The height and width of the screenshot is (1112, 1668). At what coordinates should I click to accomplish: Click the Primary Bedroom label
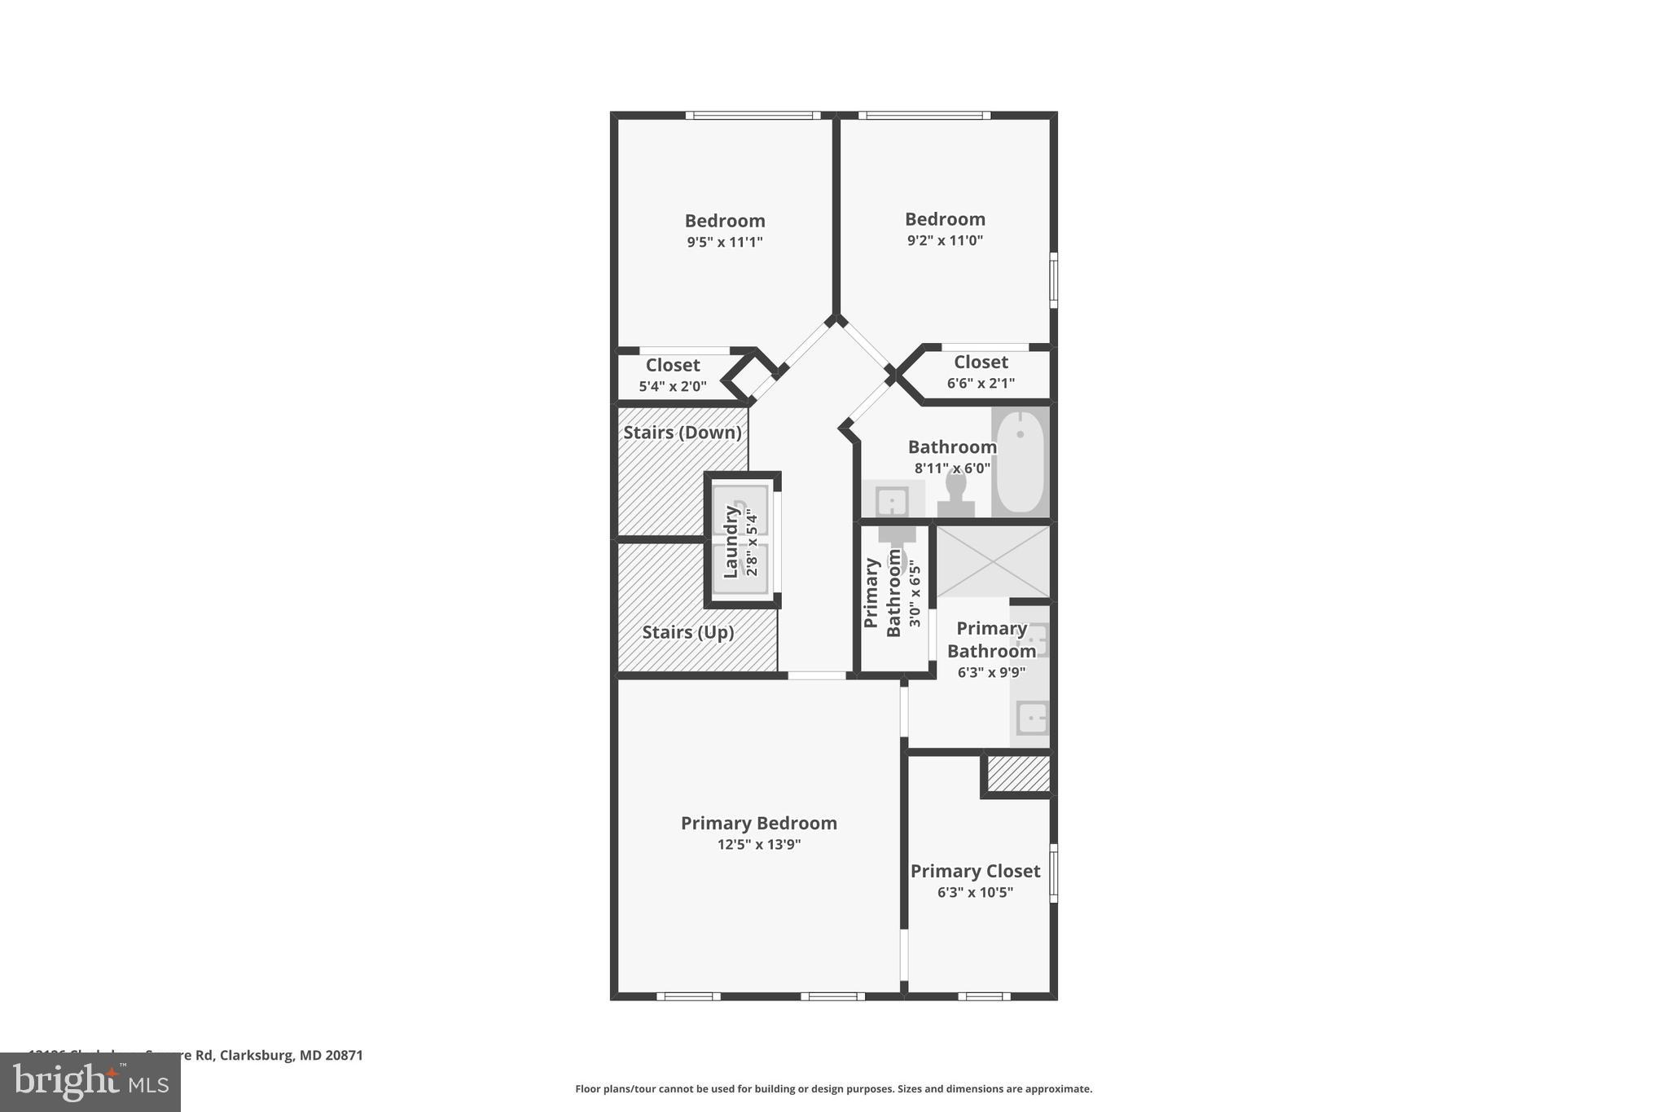click(x=758, y=823)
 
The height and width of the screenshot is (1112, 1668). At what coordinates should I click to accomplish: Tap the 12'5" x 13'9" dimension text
click(x=758, y=845)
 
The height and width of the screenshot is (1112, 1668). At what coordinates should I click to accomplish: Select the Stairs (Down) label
click(x=682, y=433)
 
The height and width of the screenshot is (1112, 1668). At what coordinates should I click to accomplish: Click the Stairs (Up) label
click(x=687, y=632)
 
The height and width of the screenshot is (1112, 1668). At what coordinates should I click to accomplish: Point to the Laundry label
click(x=731, y=542)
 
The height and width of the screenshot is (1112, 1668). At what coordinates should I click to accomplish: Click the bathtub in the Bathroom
click(x=1019, y=461)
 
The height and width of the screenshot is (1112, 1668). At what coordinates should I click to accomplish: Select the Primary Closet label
click(x=975, y=871)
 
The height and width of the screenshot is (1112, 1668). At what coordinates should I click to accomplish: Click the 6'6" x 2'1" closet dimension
click(x=981, y=383)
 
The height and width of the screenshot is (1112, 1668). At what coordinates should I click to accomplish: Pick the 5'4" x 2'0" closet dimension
click(x=672, y=386)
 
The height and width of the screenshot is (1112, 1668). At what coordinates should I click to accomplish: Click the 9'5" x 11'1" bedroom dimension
click(x=724, y=242)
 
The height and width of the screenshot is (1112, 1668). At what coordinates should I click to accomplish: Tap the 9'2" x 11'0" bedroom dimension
click(x=945, y=240)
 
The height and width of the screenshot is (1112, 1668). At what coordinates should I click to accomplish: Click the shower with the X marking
click(x=993, y=561)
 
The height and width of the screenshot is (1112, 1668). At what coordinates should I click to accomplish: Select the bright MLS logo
click(x=90, y=1082)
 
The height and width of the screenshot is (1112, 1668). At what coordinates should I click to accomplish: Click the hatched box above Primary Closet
click(x=1018, y=773)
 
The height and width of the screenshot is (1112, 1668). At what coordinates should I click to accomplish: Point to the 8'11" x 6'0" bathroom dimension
click(x=951, y=468)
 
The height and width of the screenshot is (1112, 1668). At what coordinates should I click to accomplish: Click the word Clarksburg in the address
click(x=257, y=1055)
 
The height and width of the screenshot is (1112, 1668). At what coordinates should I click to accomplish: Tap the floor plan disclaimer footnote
click(x=833, y=1088)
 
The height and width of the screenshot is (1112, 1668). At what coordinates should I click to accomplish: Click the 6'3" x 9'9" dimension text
click(x=990, y=672)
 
